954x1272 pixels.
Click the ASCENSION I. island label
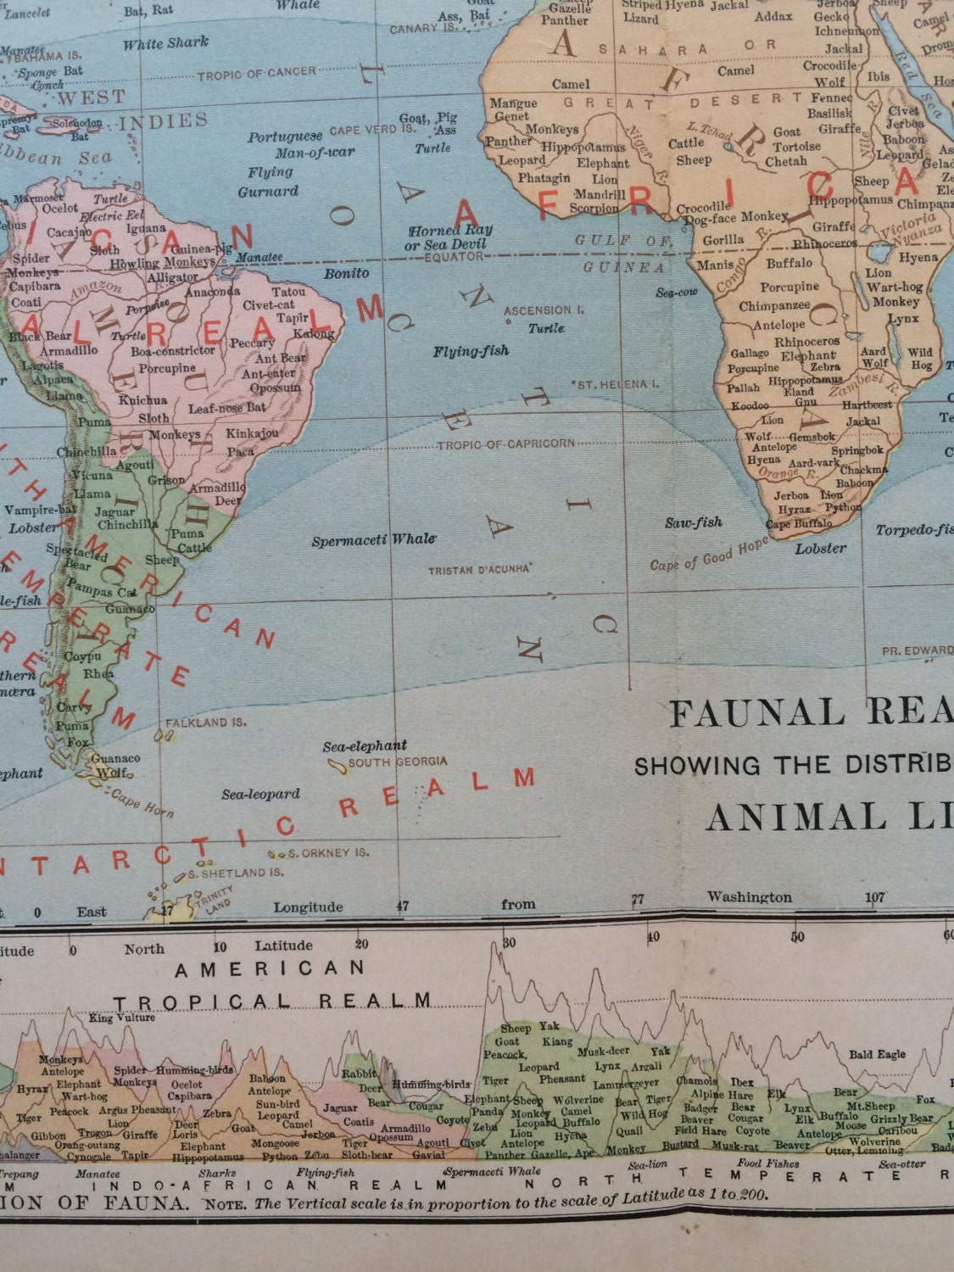coord(544,311)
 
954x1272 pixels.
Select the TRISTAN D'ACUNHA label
coord(479,570)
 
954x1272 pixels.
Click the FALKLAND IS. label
coord(206,722)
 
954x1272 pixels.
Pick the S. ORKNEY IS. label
coord(329,853)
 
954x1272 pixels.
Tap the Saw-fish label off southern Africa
coord(693,522)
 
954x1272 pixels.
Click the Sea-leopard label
coord(260,795)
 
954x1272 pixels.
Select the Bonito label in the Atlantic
coord(346,274)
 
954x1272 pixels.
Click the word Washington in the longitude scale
coord(750,897)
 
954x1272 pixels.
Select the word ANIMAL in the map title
coord(784,817)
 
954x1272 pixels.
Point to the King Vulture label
coord(122,1018)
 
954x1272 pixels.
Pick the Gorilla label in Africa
coord(723,241)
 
